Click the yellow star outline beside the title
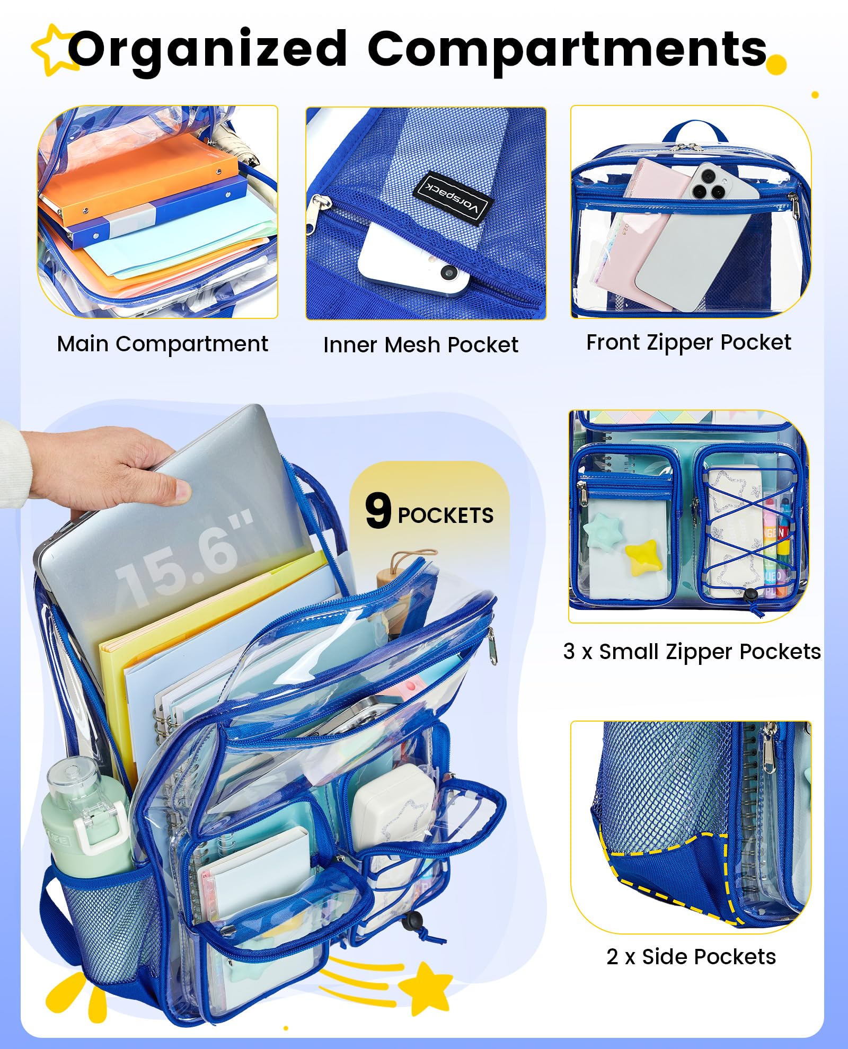(x=53, y=49)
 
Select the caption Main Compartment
(x=162, y=344)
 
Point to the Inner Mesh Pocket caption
(x=421, y=345)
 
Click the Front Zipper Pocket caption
(x=688, y=343)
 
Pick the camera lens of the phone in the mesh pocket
(x=449, y=272)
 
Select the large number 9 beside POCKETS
(x=378, y=510)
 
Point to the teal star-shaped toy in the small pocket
(x=603, y=531)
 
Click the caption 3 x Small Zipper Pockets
(x=692, y=652)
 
